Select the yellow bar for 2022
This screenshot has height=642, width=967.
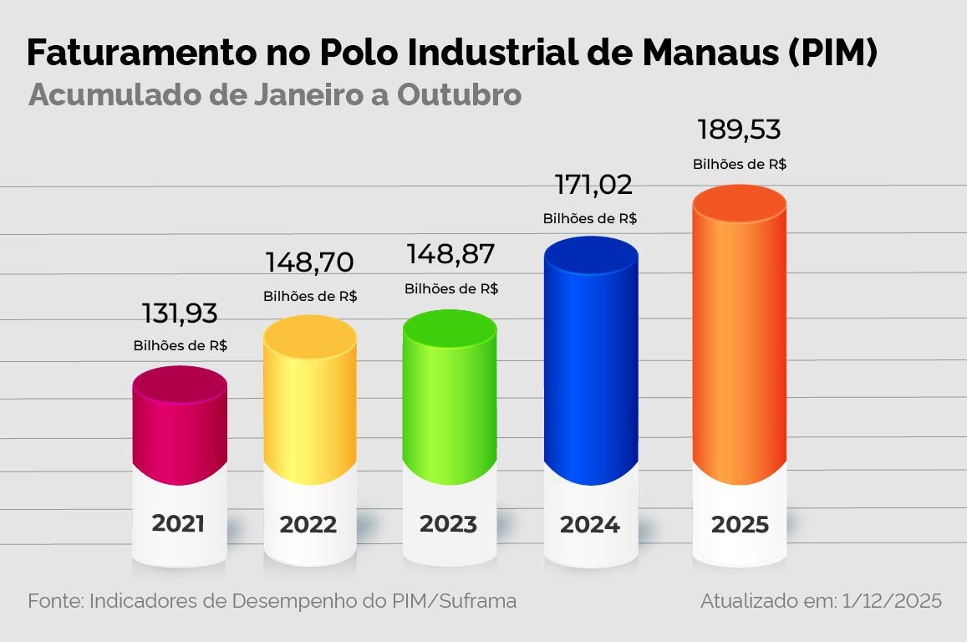309,401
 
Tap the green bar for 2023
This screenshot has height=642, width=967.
449,397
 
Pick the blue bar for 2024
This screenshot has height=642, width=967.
590,359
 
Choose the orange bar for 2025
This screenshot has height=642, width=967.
740,334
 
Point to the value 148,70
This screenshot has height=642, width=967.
309,262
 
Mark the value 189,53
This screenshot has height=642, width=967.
739,130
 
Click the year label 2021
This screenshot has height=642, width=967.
178,524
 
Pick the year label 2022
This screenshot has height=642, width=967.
308,525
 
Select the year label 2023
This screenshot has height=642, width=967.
448,525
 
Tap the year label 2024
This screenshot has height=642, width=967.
590,525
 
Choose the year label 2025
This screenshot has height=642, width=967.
740,525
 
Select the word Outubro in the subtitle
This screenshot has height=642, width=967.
459,94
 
